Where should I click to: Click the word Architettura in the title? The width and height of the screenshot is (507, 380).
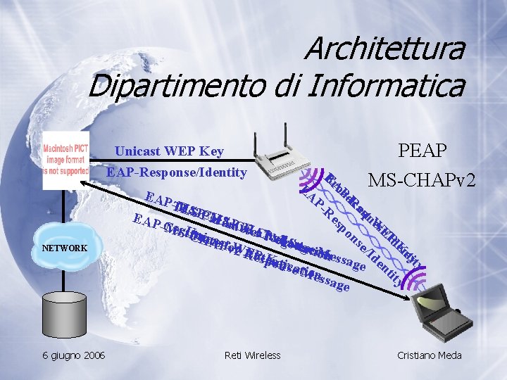[384, 49]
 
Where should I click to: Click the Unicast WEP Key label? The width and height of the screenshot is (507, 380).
[169, 151]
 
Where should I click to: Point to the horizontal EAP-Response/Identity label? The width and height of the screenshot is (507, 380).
[176, 172]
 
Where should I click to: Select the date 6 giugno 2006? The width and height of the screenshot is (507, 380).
[75, 355]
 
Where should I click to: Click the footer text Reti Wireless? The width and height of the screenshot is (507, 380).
[252, 355]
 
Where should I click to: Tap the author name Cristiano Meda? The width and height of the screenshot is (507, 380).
[430, 355]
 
